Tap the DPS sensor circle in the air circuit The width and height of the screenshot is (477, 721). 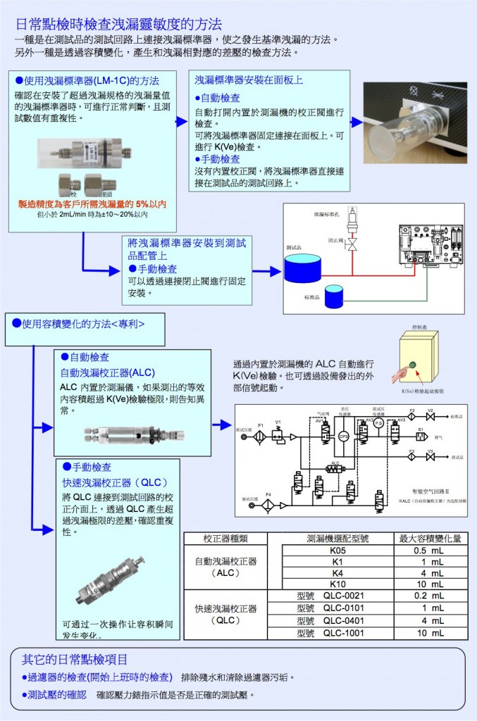pyautogui.click(x=344, y=436)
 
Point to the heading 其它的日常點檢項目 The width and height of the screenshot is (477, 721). pyautogui.click(x=75, y=660)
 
